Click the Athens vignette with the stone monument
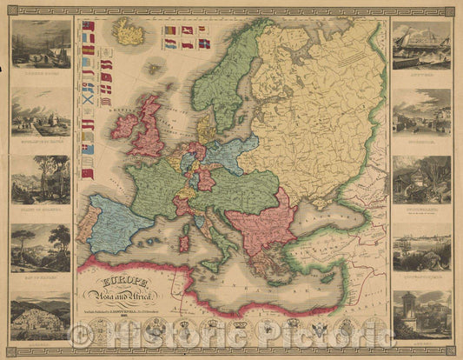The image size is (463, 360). [x=421, y=315]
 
